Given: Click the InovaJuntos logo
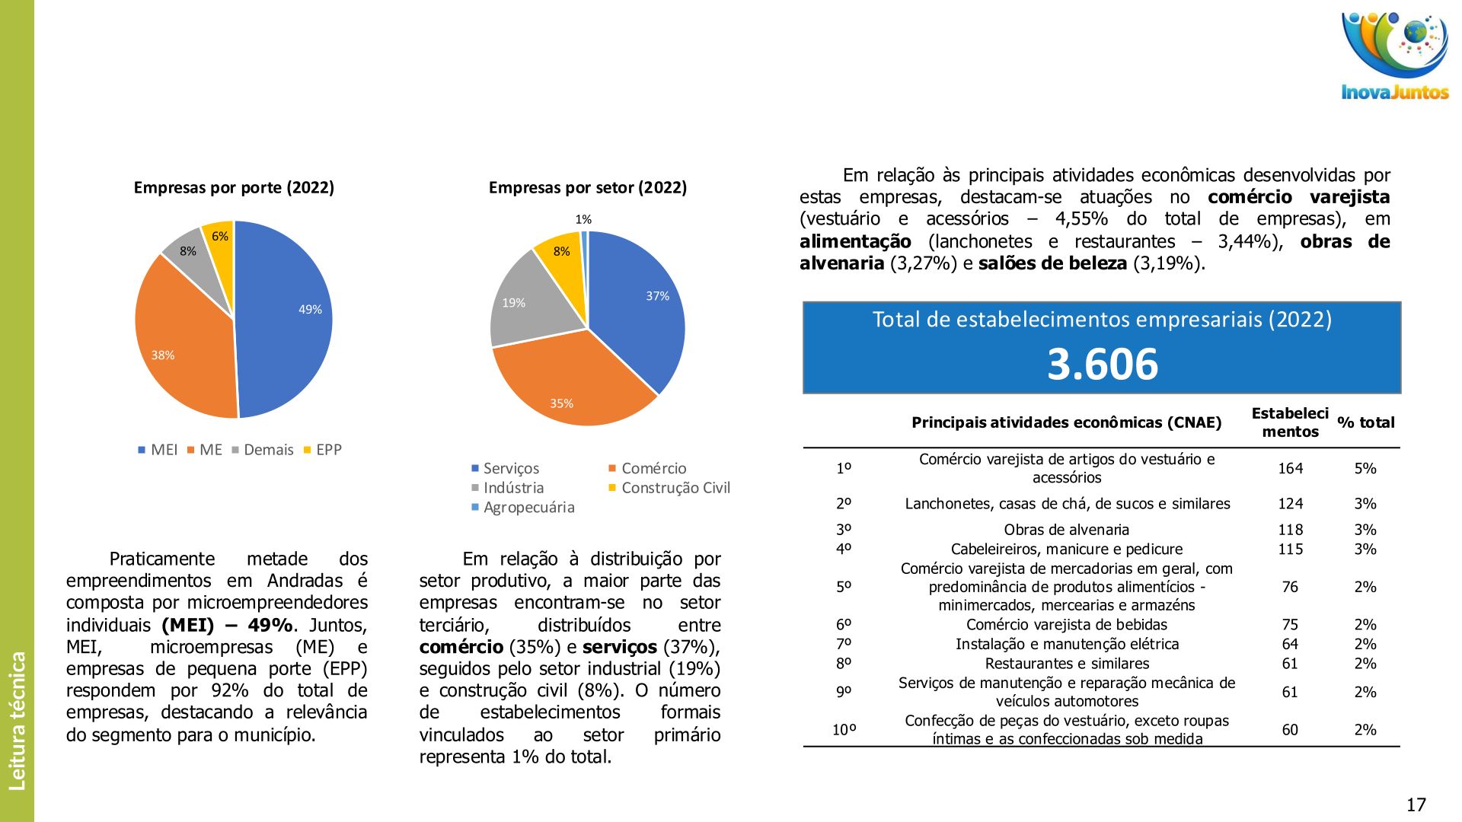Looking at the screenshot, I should tap(1394, 56).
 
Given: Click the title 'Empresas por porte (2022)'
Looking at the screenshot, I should tap(234, 188).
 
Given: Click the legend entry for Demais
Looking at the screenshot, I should tap(263, 450).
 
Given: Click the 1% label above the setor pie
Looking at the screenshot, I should tap(583, 219).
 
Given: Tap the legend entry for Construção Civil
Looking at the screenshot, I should tap(669, 488).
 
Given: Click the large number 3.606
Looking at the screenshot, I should tap(1102, 364).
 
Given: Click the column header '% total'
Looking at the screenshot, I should tap(1365, 422).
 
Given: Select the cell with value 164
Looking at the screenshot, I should tap(1290, 468).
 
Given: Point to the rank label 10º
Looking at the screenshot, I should tap(844, 730).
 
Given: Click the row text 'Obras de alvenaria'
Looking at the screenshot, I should tap(1066, 530).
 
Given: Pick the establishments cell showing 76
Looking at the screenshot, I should tap(1289, 587).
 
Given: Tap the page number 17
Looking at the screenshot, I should tap(1416, 804).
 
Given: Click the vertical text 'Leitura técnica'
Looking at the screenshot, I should tap(17, 720).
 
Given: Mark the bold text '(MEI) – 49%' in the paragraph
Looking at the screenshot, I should tap(227, 625).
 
